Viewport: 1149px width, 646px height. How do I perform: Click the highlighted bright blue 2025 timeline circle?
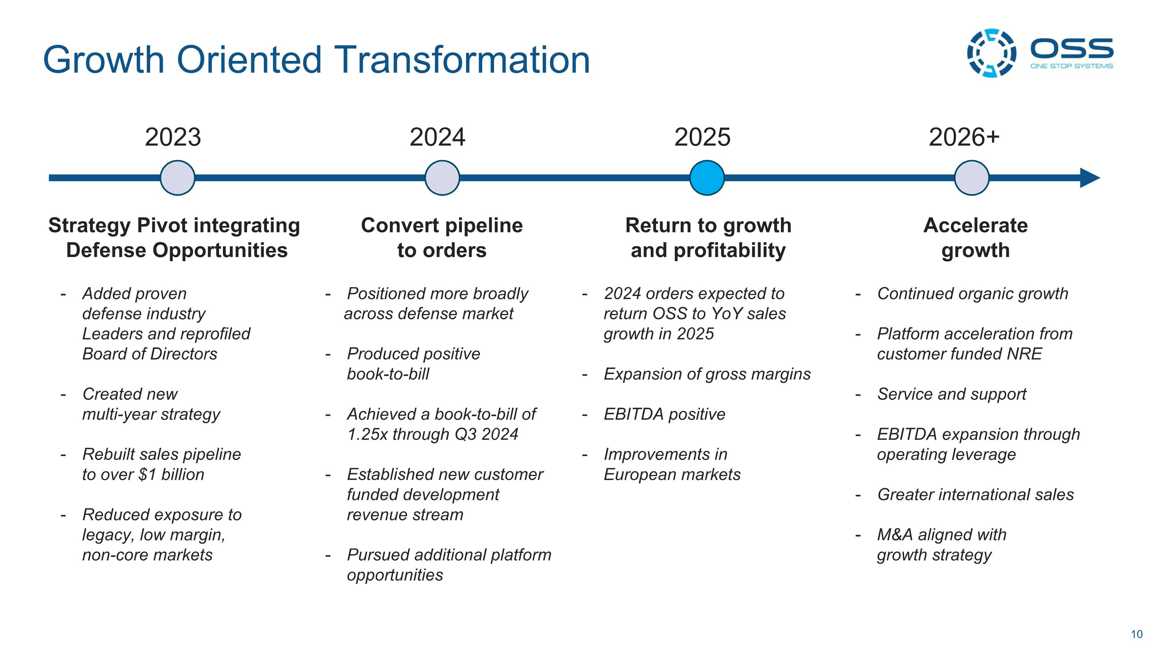click(707, 178)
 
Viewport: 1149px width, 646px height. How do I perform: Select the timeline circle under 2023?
click(178, 178)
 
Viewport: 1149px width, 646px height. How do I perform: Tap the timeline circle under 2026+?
click(971, 178)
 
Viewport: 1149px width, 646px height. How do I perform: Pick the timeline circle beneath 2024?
click(442, 178)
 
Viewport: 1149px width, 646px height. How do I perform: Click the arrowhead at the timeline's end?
click(1090, 178)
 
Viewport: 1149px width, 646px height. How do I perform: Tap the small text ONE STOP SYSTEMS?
click(1071, 66)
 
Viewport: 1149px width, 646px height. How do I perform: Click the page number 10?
click(1136, 634)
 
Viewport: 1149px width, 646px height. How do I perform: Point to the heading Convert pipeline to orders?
click(442, 238)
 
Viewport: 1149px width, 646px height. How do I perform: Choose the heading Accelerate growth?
click(976, 238)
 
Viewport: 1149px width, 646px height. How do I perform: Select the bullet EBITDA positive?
click(664, 414)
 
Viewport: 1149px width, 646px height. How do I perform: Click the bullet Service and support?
click(951, 394)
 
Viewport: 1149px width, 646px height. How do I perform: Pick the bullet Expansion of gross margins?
click(707, 374)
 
